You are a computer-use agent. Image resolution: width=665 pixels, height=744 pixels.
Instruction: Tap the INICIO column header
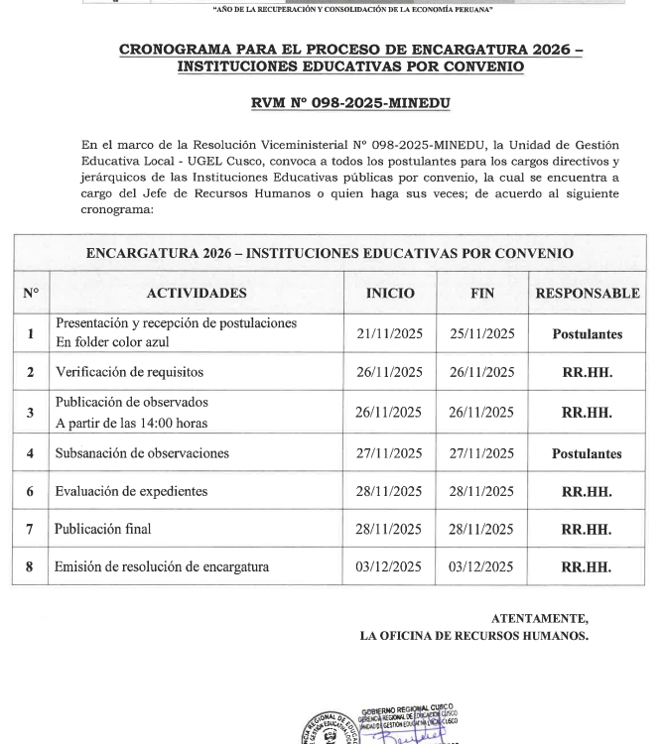pyautogui.click(x=390, y=294)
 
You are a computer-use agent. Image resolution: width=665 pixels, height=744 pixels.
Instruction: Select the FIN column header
pyautogui.click(x=481, y=294)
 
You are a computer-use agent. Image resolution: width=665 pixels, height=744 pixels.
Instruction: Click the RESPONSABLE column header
pyautogui.click(x=587, y=294)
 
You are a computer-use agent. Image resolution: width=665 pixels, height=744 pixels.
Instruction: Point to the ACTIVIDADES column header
pyautogui.click(x=197, y=294)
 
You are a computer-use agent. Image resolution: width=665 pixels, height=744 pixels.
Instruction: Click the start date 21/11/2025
pyautogui.click(x=390, y=333)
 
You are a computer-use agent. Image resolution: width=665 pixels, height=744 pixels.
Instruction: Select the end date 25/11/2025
pyautogui.click(x=481, y=333)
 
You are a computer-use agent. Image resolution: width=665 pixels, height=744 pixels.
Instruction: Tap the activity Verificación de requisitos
pyautogui.click(x=129, y=372)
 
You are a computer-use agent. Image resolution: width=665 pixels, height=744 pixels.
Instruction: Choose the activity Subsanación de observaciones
pyautogui.click(x=142, y=453)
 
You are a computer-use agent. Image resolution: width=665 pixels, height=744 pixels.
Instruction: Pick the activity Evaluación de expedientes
pyautogui.click(x=131, y=491)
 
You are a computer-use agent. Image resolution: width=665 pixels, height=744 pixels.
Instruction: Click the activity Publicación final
pyautogui.click(x=104, y=529)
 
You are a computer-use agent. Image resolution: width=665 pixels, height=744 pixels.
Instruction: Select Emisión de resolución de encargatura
pyautogui.click(x=162, y=567)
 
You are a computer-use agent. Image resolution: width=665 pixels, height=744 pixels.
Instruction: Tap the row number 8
pyautogui.click(x=31, y=567)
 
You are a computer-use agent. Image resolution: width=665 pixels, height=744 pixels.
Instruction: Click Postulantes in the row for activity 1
pyautogui.click(x=587, y=334)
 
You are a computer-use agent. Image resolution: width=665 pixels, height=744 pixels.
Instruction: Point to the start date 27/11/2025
pyautogui.click(x=390, y=453)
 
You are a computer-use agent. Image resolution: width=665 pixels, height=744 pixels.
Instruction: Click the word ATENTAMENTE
pyautogui.click(x=539, y=618)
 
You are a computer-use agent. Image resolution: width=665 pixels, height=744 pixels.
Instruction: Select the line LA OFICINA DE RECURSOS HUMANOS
pyautogui.click(x=473, y=636)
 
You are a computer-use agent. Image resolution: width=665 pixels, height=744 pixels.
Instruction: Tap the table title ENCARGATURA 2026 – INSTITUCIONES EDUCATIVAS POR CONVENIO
pyautogui.click(x=330, y=253)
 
